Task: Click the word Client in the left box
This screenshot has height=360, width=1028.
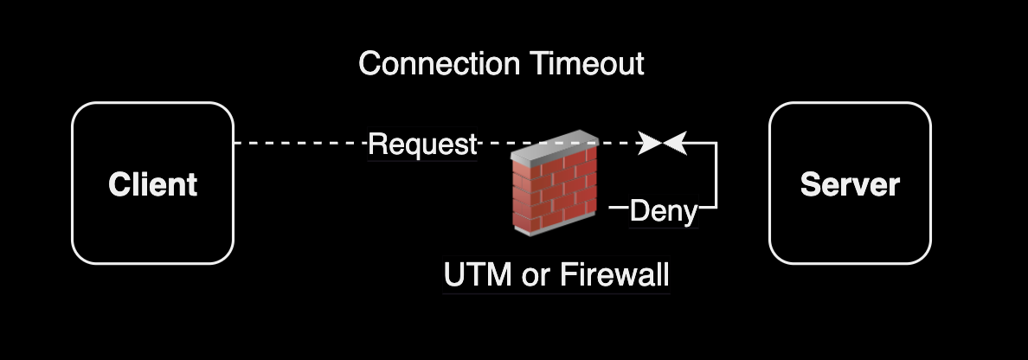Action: click(153, 184)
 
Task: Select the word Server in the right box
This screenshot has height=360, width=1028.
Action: click(850, 184)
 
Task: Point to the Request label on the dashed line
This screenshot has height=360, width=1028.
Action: click(422, 145)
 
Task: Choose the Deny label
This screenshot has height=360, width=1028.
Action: click(663, 210)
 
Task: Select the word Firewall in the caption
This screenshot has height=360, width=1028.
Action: click(615, 275)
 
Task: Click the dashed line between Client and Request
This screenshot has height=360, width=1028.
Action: click(299, 144)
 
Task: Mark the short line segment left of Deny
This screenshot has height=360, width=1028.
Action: click(618, 208)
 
